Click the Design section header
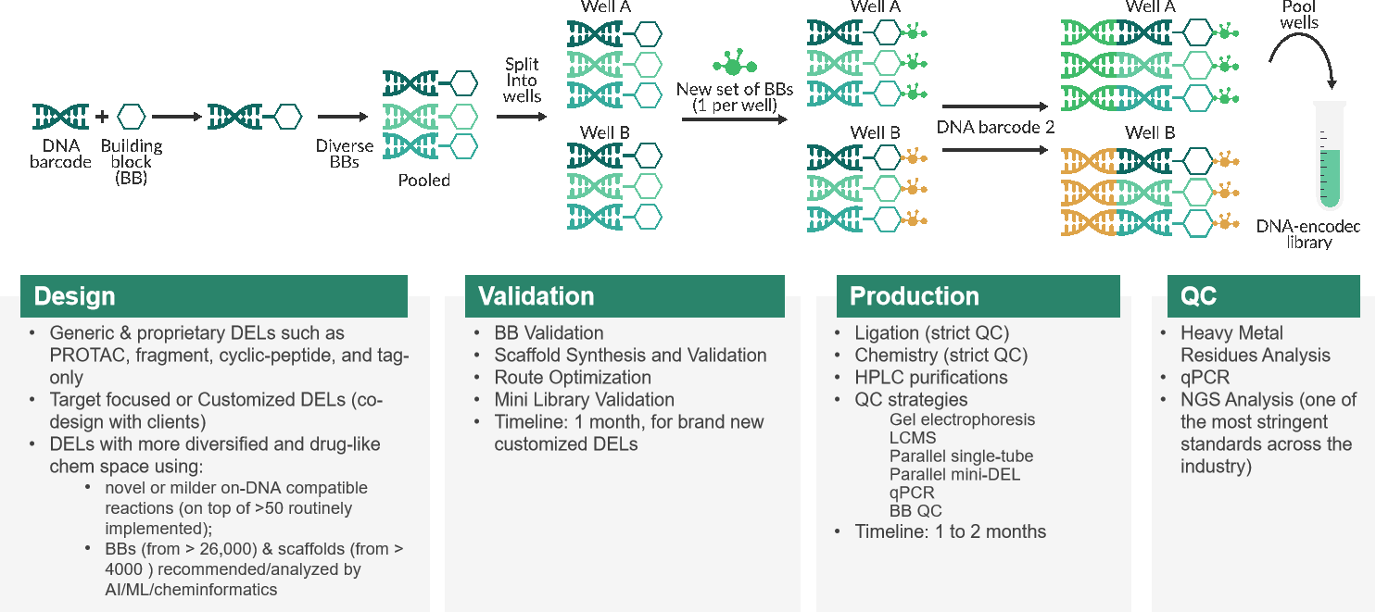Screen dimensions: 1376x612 click(x=214, y=296)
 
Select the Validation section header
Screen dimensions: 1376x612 click(x=625, y=296)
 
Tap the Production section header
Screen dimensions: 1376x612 click(x=978, y=296)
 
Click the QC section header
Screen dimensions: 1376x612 click(x=1264, y=296)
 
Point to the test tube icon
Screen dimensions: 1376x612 click(x=1330, y=156)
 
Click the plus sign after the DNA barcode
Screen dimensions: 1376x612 click(x=102, y=116)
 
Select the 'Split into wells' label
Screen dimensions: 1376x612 click(x=522, y=81)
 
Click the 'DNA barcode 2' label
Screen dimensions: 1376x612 click(x=995, y=127)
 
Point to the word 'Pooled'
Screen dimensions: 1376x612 click(x=423, y=181)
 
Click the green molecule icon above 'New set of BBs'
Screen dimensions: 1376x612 click(x=735, y=62)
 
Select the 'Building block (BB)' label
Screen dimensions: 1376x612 click(x=132, y=162)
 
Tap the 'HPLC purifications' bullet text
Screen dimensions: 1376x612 click(x=930, y=377)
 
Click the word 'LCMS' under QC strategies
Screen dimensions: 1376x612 click(x=913, y=438)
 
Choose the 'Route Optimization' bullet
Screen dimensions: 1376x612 click(x=573, y=377)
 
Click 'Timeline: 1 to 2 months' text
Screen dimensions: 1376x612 click(x=951, y=531)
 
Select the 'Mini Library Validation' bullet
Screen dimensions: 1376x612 click(x=584, y=400)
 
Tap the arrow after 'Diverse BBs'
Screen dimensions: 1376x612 click(x=343, y=117)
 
